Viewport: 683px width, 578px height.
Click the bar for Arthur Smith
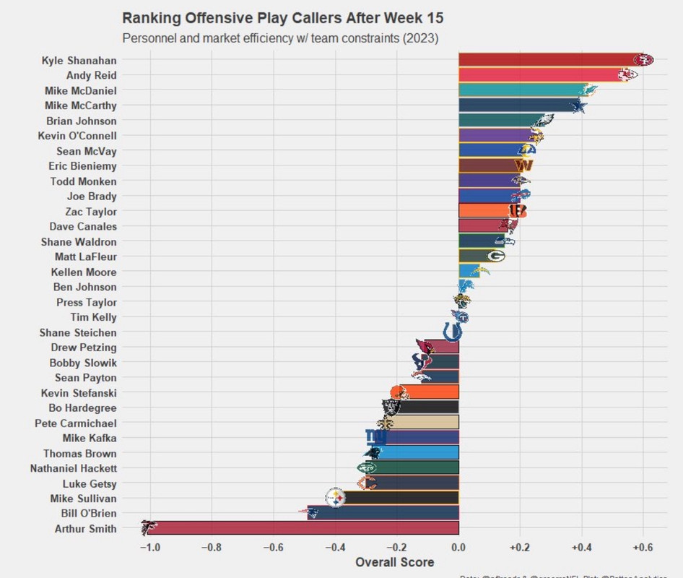point(303,528)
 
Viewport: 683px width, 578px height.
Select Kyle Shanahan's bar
point(549,60)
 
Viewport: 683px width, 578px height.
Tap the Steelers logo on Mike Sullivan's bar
point(336,497)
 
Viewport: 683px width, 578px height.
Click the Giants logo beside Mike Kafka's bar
point(375,437)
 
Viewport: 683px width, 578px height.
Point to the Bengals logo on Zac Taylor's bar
point(517,210)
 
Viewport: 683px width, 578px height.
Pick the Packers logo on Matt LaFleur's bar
point(495,256)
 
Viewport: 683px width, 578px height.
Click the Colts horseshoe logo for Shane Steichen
point(453,332)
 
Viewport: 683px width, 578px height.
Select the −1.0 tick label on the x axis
point(149,547)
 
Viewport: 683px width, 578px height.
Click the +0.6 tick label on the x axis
point(643,547)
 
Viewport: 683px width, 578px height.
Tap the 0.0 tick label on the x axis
point(458,547)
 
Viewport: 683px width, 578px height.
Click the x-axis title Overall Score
point(395,562)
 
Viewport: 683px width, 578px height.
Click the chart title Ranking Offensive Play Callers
point(283,18)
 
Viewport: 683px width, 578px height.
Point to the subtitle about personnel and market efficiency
point(280,38)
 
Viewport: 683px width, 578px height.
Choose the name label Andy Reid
point(91,75)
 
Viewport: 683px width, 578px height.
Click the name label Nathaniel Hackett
point(73,468)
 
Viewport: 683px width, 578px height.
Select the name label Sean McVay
point(86,151)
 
